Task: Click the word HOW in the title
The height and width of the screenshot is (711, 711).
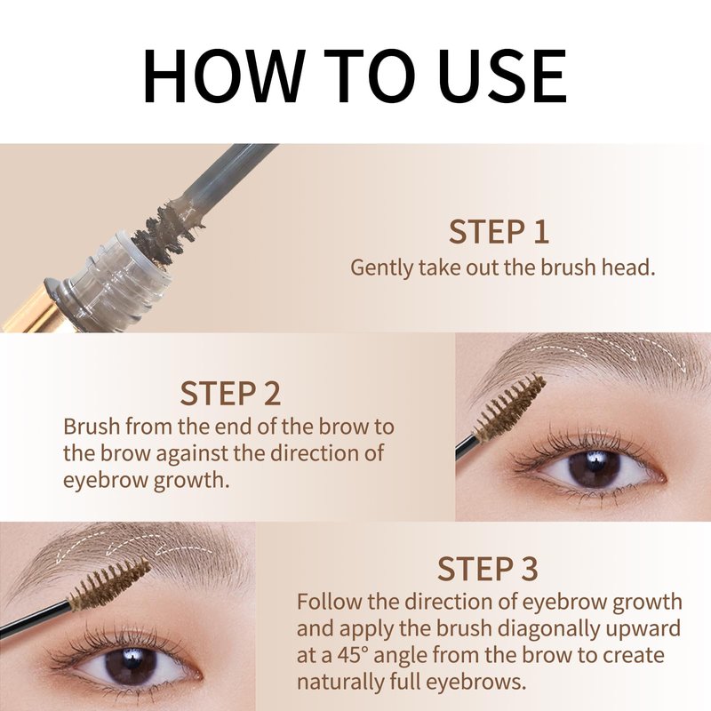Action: coord(222,75)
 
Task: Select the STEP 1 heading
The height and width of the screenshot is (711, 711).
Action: coord(499,232)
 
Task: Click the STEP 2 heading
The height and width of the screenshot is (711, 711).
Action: coord(230,393)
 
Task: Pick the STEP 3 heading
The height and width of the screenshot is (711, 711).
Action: coord(487,568)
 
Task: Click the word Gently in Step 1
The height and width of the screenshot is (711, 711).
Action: coord(382,268)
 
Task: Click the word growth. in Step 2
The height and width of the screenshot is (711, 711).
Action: coord(191,480)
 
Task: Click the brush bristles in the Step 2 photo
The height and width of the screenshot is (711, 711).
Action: coord(508,408)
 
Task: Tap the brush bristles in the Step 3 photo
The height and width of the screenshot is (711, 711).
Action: coord(108,584)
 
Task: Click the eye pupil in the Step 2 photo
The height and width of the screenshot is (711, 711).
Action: coord(594,468)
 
